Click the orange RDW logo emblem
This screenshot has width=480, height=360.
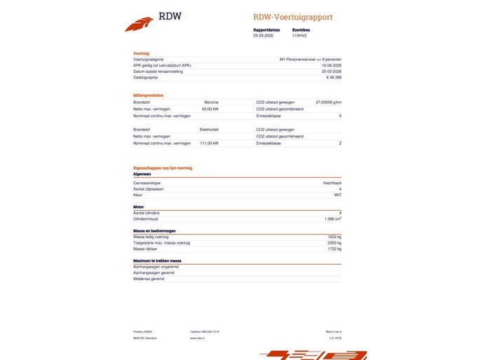(x=139, y=24)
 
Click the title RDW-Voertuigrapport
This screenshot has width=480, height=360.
(x=293, y=17)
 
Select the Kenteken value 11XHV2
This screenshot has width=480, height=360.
(x=300, y=35)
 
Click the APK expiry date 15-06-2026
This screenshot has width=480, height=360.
(x=331, y=66)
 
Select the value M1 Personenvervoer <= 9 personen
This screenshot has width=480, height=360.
(x=310, y=60)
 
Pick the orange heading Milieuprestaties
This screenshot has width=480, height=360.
(x=149, y=95)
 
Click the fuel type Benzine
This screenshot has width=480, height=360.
(x=211, y=102)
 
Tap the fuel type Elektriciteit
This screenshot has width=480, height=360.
(x=209, y=130)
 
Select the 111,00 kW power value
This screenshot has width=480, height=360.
(x=209, y=143)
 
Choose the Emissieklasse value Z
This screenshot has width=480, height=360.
(x=340, y=143)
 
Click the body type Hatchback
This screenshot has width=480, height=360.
(x=332, y=182)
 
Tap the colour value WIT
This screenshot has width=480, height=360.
(x=338, y=195)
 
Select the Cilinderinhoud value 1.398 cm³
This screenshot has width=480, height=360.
(x=333, y=219)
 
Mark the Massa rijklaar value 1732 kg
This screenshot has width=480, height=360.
(x=334, y=249)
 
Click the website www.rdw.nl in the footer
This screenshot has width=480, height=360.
(x=197, y=338)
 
